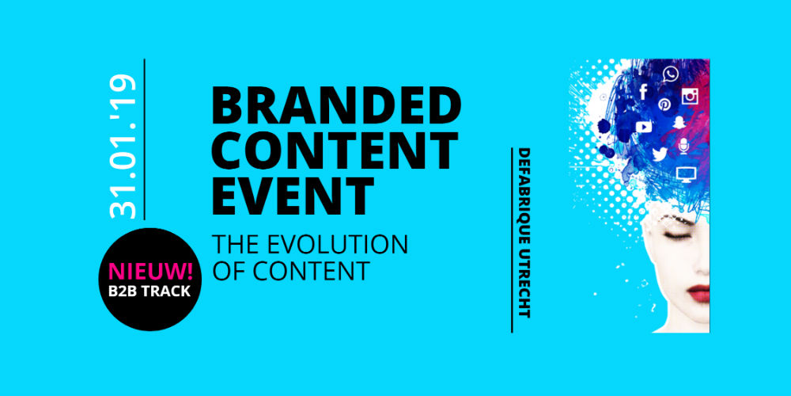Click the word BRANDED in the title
point(336,106)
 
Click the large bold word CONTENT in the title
point(335,150)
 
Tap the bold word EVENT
point(293,196)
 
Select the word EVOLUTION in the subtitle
point(337,244)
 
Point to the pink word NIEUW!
point(150,272)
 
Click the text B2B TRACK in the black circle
point(149,291)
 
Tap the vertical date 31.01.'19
point(123,147)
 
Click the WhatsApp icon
point(671,74)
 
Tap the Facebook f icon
point(643,91)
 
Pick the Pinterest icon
point(664,105)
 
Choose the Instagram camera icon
point(690,96)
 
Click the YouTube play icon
point(644,126)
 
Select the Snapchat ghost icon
point(679,123)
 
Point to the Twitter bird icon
point(660,154)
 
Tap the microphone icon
point(683,146)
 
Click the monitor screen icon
point(686,174)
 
